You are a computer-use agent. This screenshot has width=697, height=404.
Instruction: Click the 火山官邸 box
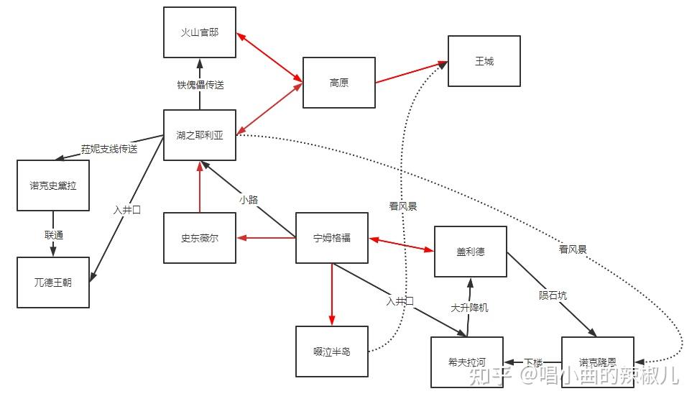199,33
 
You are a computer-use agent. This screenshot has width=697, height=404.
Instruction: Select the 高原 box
338,83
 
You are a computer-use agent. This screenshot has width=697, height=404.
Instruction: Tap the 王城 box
484,61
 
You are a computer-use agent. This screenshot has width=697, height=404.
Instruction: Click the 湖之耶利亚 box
199,135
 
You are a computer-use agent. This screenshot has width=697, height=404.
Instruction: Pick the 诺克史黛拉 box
53,185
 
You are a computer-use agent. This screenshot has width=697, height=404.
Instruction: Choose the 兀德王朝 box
53,283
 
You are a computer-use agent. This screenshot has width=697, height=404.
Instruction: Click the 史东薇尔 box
199,238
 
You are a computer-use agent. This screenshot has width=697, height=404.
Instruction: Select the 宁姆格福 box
331,238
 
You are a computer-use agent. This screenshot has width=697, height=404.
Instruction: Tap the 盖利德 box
471,252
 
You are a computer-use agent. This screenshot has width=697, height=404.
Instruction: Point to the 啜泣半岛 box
331,352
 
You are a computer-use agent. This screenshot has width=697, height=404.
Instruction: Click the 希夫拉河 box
467,362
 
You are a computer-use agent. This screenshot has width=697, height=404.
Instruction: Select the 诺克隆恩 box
597,362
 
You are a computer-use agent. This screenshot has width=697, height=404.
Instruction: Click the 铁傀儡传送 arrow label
200,85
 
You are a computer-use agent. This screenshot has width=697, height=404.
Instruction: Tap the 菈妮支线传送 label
109,150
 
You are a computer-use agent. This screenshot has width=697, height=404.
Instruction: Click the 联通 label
53,235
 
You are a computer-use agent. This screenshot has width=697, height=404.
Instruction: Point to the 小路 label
248,200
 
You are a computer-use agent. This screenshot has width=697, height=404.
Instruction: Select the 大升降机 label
469,307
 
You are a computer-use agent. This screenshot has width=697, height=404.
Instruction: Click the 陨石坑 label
553,295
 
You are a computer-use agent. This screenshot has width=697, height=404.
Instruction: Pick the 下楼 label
532,362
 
